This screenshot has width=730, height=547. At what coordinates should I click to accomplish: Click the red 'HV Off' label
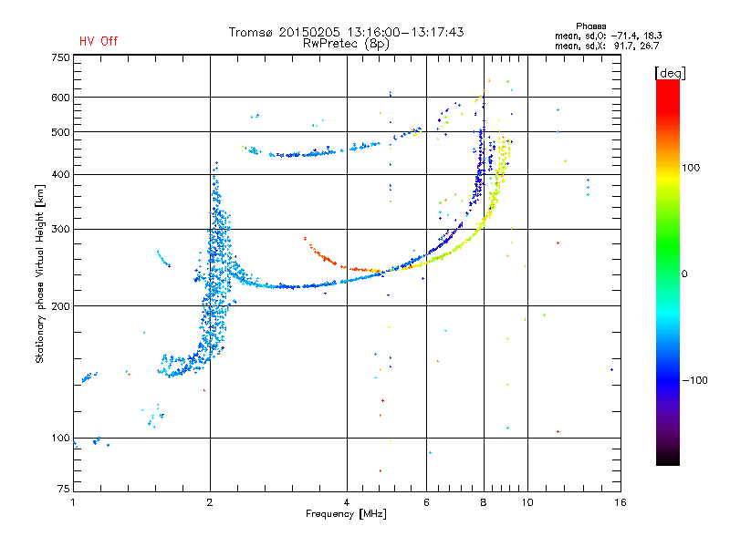click(x=98, y=41)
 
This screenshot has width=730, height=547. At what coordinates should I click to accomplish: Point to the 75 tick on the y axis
click(x=63, y=491)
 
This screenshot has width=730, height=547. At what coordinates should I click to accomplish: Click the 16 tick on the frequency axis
click(x=619, y=501)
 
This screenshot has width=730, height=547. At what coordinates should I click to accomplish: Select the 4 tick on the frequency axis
click(x=347, y=501)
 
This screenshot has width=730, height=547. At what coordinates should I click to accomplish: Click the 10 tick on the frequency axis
click(x=527, y=501)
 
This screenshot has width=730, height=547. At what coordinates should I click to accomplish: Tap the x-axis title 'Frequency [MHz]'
click(x=346, y=514)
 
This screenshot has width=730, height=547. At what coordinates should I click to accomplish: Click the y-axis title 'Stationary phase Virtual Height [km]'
click(x=40, y=273)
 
